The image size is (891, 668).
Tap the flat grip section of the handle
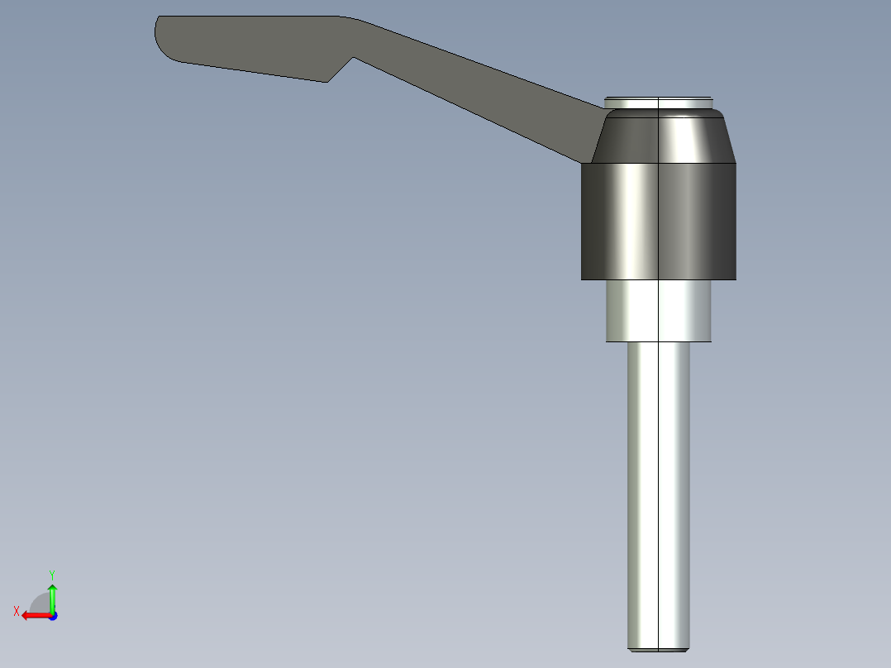tap(248, 45)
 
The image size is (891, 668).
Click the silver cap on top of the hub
tap(658, 103)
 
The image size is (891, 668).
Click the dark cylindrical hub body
tap(658, 221)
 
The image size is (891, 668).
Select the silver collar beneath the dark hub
tap(658, 310)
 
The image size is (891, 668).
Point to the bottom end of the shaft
tap(658, 647)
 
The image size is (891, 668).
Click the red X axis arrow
tap(33, 615)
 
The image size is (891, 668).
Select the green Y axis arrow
tap(52, 597)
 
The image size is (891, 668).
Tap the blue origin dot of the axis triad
tap(52, 616)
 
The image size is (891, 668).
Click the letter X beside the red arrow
tap(16, 611)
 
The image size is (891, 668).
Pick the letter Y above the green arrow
tap(52, 574)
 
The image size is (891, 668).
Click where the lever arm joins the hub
tap(597, 132)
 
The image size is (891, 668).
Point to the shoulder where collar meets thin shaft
tap(658, 341)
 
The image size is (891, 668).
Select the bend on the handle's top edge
tap(347, 18)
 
